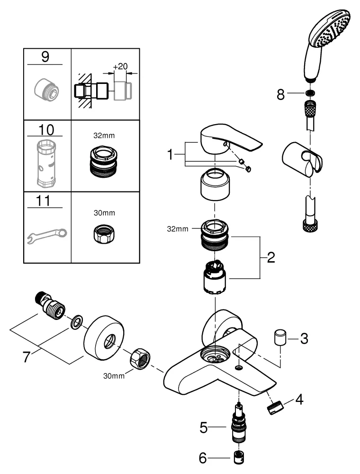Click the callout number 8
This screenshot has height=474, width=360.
point(281,95)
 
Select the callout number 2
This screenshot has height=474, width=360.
point(271,258)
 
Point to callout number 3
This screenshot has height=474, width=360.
point(304,338)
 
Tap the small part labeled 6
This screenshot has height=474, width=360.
point(240,457)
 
